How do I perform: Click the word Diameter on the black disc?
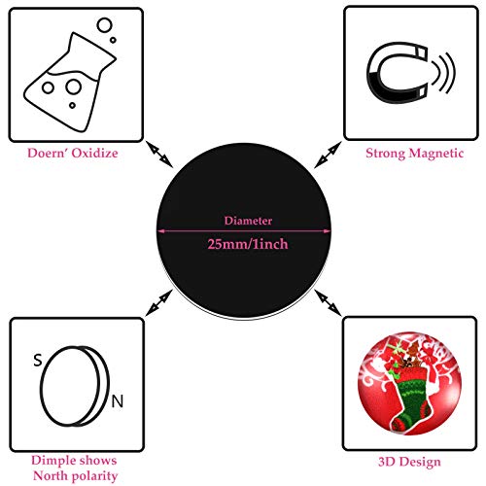click(x=248, y=221)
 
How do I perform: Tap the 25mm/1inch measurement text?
click(x=248, y=244)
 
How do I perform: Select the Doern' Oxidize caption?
click(x=73, y=153)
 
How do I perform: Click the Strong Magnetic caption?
click(x=414, y=154)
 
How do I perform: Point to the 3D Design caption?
click(x=409, y=462)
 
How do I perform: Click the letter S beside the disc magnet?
click(x=38, y=360)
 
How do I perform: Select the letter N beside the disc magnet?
click(x=118, y=401)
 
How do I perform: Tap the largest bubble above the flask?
click(x=104, y=25)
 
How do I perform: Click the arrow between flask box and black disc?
click(x=159, y=155)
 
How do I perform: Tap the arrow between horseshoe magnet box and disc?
click(x=328, y=155)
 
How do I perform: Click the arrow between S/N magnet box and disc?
click(x=159, y=302)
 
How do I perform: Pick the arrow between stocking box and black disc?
click(x=328, y=302)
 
